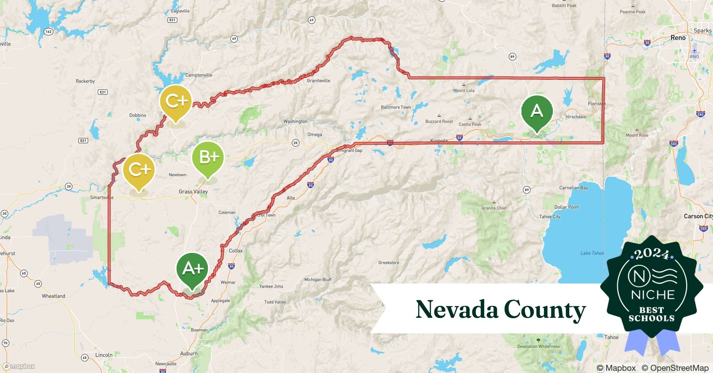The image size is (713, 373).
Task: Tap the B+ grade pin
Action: coord(208,157)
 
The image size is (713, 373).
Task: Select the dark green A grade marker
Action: coord(537,111)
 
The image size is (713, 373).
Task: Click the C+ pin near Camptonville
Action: coord(175,101)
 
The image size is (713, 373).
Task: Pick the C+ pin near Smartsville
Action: coord(139,170)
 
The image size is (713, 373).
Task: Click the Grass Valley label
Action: coord(193,192)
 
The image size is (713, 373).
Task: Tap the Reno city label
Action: coord(678,38)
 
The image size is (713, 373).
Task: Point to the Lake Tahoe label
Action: coord(592,253)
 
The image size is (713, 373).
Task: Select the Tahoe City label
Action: coord(549,217)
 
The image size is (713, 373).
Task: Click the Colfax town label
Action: coord(236,251)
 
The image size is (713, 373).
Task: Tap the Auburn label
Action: coord(189,354)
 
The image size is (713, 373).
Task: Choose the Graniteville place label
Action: coord(318,81)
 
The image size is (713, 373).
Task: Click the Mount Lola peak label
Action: coord(464,91)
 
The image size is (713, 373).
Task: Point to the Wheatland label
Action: coord(53,296)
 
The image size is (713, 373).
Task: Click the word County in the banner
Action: coord(545,310)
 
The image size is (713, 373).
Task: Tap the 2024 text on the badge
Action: coord(651,254)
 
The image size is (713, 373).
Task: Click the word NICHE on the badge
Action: coord(653,295)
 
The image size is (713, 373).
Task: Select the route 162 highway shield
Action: coord(49,32)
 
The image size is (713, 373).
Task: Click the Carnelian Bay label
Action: coord(573,188)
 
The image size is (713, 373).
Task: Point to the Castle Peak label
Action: coord(470,124)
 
